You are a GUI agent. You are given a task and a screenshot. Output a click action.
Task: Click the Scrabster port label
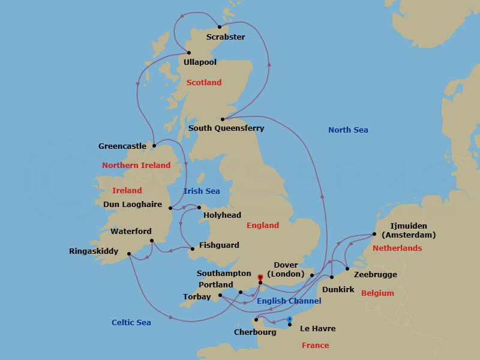(225, 37)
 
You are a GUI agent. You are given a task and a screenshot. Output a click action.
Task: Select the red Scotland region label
(204, 83)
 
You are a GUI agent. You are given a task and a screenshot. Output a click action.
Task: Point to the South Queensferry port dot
(223, 119)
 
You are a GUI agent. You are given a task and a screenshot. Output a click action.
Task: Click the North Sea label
(348, 130)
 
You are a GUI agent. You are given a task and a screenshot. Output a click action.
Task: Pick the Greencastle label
(122, 146)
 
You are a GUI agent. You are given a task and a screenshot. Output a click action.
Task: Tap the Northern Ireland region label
(136, 166)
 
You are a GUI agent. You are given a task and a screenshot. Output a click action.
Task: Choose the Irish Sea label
(202, 191)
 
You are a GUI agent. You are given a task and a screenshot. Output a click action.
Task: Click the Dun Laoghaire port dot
(171, 209)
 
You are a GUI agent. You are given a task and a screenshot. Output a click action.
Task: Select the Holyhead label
(222, 215)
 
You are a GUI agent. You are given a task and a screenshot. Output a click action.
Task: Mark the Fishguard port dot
(192, 249)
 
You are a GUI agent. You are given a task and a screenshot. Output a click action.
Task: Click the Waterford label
(131, 232)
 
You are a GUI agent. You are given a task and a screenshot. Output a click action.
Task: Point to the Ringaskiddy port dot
(129, 254)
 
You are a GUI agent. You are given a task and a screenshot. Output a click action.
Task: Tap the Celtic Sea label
(131, 323)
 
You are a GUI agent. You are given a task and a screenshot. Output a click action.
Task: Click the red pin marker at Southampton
(260, 277)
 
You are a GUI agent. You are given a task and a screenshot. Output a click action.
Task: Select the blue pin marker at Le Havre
(289, 319)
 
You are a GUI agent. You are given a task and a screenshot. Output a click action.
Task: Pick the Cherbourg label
(254, 332)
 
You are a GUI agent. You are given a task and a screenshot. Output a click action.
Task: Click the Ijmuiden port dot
(374, 235)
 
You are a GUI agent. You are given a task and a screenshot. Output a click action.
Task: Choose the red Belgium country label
(377, 293)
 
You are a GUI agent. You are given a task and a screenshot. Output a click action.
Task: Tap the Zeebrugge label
(376, 275)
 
